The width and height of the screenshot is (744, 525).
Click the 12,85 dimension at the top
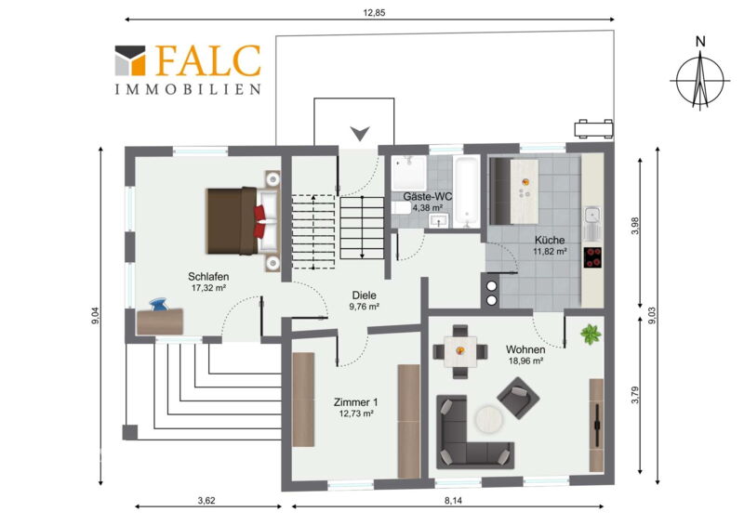click(374, 13)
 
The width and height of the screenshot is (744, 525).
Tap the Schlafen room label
click(208, 277)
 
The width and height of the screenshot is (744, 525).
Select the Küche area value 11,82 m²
click(550, 252)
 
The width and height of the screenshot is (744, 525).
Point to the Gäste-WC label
click(427, 196)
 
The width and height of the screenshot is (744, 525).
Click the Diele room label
click(364, 295)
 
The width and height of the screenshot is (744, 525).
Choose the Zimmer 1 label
click(356, 402)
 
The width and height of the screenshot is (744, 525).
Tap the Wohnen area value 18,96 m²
click(525, 361)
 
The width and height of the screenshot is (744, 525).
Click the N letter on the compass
click(700, 42)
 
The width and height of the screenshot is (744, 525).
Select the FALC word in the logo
click(207, 60)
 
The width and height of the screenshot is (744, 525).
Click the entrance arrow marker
click(360, 133)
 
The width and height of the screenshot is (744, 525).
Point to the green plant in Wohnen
click(591, 335)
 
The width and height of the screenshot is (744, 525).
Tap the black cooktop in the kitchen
click(592, 257)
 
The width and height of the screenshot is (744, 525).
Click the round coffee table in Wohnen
click(490, 419)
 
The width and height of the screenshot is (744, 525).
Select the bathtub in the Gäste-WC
click(467, 191)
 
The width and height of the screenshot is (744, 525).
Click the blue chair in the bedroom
click(158, 305)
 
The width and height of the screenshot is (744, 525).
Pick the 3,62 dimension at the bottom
click(206, 500)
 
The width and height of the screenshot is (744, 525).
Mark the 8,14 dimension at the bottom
click(453, 500)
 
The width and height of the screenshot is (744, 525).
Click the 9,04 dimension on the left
click(96, 316)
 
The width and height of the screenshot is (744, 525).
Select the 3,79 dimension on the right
click(635, 396)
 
